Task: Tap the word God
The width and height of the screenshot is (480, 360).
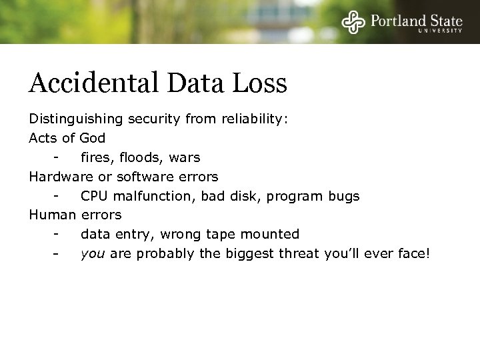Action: pyautogui.click(x=92, y=139)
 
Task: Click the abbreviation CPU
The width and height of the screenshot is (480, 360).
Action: pyautogui.click(x=94, y=196)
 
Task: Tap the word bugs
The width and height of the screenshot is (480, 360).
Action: pyautogui.click(x=344, y=196)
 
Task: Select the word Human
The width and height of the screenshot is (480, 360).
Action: pyautogui.click(x=53, y=215)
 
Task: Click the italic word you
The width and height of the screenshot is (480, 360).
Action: pyautogui.click(x=92, y=254)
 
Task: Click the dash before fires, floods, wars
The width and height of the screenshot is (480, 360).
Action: pyautogui.click(x=59, y=158)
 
